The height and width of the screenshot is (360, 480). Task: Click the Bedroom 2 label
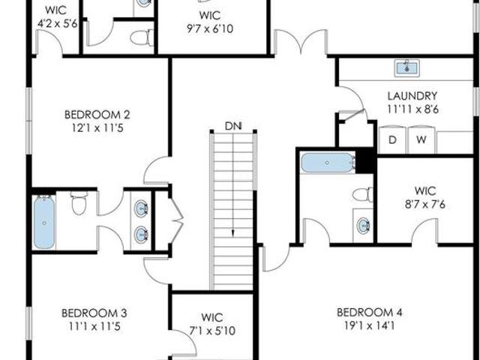97,115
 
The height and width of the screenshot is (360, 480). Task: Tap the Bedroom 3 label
94,313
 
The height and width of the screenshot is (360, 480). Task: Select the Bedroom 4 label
369,313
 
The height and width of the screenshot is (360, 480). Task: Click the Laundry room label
412,96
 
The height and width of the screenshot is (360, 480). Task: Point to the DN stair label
233,126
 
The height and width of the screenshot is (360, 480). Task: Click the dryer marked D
392,139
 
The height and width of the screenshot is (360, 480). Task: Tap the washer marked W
421,139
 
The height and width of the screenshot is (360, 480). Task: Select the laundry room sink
406,68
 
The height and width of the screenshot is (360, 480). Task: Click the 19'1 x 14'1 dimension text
369,325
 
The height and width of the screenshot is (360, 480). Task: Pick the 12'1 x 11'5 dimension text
97,128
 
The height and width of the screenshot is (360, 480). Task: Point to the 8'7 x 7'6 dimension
425,204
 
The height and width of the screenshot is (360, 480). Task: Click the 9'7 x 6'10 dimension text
210,28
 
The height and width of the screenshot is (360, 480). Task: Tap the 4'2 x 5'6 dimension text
57,23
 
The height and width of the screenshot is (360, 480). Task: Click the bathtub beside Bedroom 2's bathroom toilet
44,223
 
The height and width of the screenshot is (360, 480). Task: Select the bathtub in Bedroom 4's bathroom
328,163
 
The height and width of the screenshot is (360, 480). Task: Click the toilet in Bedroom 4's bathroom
363,195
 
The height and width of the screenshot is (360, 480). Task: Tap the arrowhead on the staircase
233,233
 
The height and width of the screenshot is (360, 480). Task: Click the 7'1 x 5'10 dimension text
212,331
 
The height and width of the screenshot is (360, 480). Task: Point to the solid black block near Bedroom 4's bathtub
366,160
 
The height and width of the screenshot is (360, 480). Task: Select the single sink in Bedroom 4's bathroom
363,225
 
